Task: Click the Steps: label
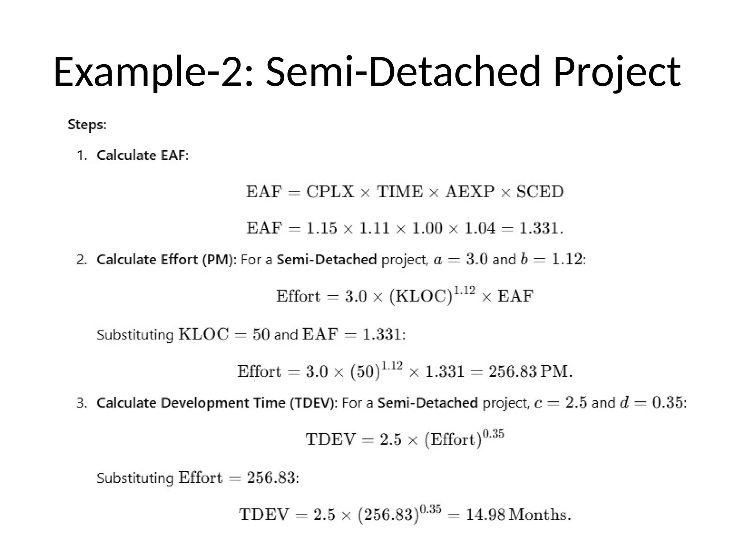[87, 125]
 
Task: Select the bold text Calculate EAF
[141, 155]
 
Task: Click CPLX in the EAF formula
[330, 192]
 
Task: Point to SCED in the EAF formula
[540, 192]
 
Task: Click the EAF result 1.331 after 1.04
[539, 228]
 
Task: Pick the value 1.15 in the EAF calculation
[322, 228]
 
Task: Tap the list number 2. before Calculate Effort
[82, 260]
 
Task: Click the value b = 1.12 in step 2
[551, 259]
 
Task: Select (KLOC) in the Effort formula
[421, 297]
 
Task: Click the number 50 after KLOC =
[261, 334]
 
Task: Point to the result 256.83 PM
[529, 371]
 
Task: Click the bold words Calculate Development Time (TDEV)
[217, 403]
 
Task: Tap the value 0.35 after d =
[667, 402]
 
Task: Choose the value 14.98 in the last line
[486, 515]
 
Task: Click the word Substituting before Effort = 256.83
[135, 478]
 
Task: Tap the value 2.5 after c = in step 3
[576, 402]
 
